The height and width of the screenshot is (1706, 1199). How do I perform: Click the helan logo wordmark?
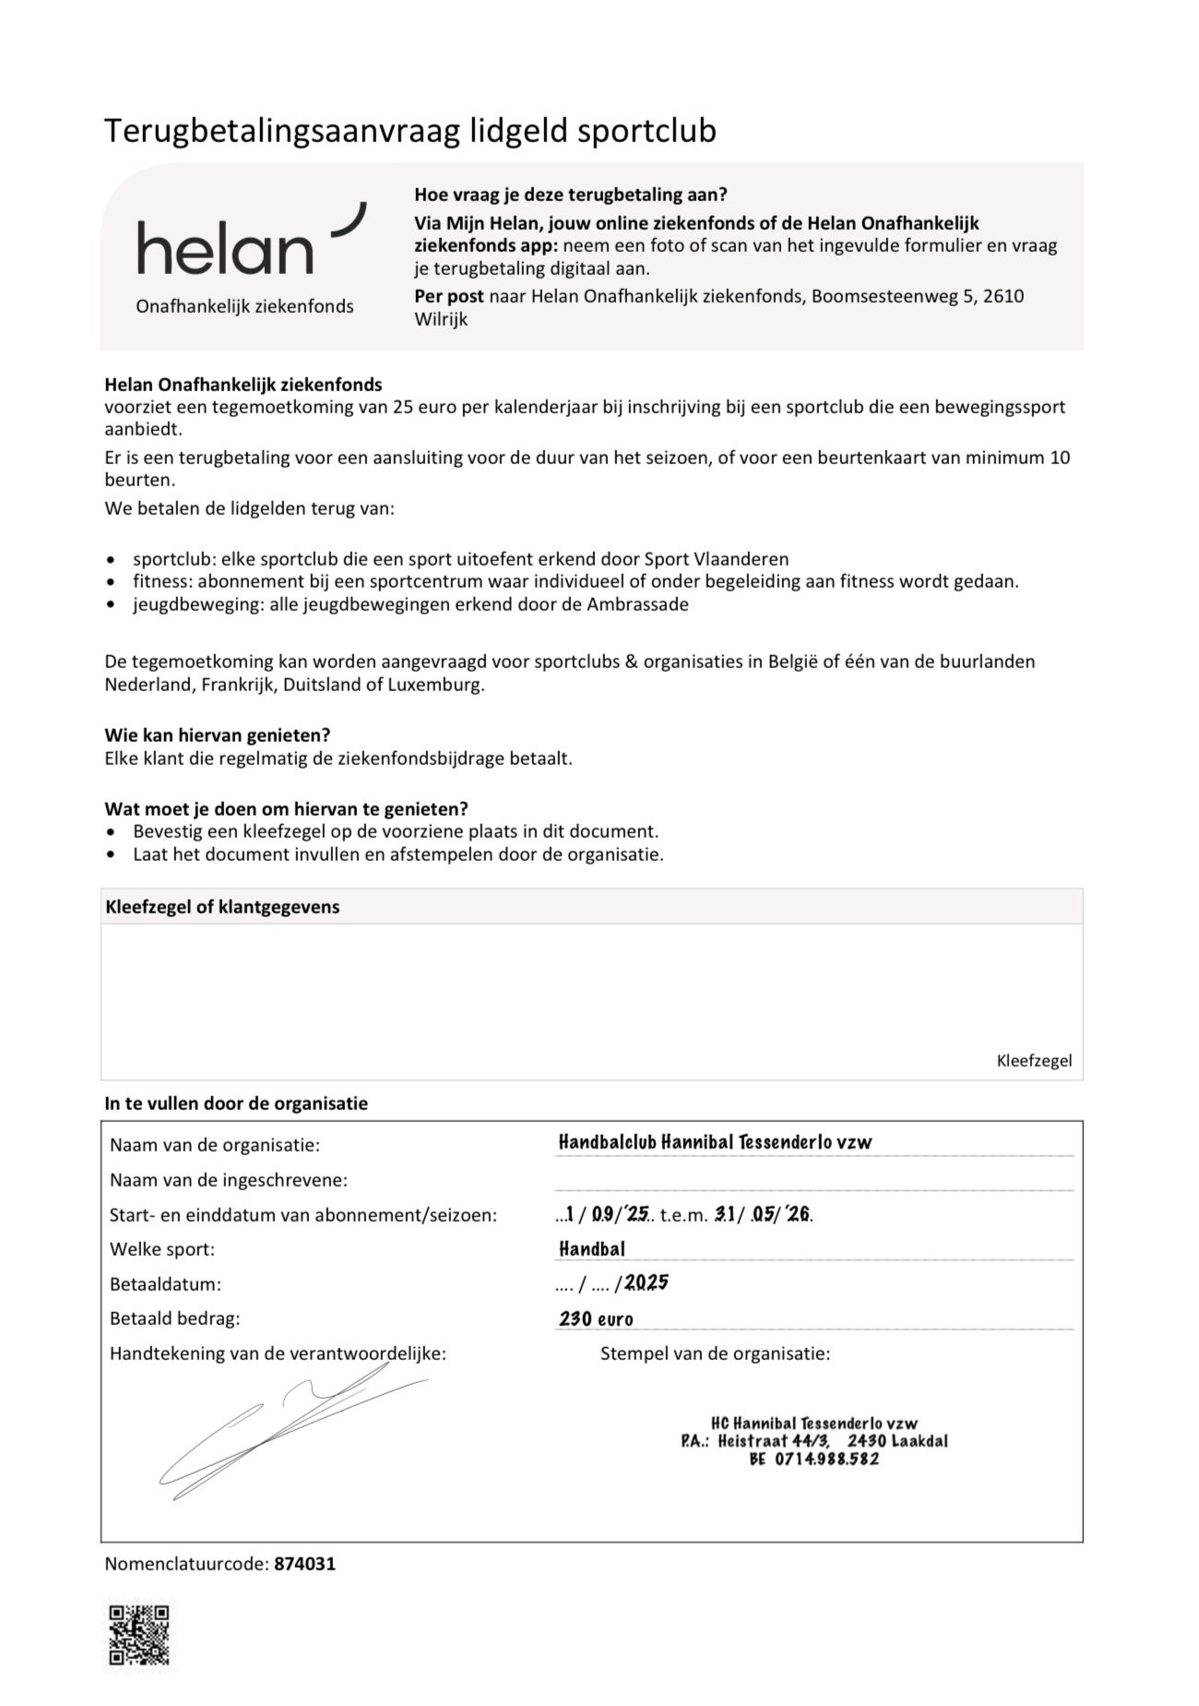tap(225, 248)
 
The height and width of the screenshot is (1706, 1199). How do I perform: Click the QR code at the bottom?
tap(139, 1634)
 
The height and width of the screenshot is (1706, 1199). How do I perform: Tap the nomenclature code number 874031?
tap(305, 1564)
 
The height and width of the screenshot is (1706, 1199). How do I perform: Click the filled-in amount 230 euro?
tap(596, 1318)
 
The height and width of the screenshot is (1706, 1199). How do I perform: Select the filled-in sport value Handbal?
tap(592, 1249)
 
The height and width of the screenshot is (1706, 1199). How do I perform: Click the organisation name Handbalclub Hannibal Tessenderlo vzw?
tap(715, 1142)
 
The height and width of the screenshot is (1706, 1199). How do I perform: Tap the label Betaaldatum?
tap(165, 1284)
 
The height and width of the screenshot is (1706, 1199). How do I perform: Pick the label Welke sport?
tap(162, 1249)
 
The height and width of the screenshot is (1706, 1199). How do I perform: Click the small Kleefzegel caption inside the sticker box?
tap(1034, 1060)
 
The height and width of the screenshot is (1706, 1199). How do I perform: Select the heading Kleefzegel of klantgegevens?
tap(222, 907)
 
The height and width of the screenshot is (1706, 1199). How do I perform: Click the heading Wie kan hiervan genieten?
tap(217, 735)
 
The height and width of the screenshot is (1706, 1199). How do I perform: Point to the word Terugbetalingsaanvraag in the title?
tap(282, 131)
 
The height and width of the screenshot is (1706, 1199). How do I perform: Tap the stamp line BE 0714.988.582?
tap(814, 1459)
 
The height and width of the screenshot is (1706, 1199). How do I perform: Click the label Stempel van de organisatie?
tap(715, 1354)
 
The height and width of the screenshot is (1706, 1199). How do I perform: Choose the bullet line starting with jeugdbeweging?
tap(410, 604)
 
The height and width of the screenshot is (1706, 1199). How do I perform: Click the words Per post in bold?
tap(449, 296)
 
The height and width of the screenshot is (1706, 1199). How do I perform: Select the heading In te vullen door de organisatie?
tap(236, 1104)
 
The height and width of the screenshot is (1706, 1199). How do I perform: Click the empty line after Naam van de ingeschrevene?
tap(813, 1181)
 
